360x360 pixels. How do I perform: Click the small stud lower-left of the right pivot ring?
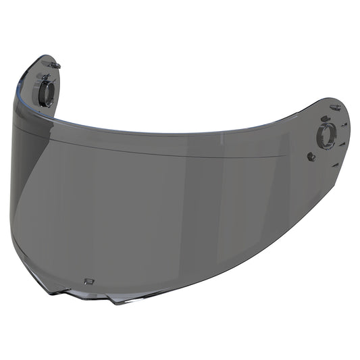click(x=310, y=157)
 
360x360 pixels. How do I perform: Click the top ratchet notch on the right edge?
click(x=343, y=126)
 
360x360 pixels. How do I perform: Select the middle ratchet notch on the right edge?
click(x=342, y=143)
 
